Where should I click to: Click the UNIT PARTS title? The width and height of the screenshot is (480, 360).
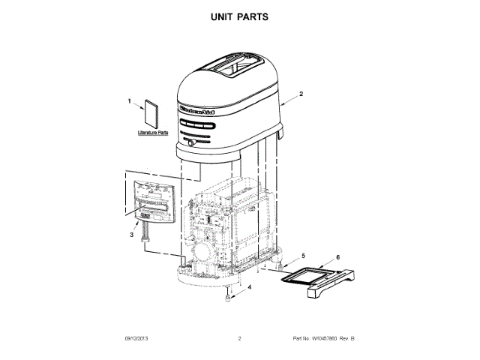pos(240,16)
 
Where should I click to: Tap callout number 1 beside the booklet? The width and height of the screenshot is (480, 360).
pos(128,100)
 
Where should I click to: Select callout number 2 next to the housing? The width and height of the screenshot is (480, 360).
pos(301,94)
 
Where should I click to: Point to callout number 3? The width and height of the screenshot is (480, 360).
pos(133,235)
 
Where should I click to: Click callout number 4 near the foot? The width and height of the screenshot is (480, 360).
pos(250,286)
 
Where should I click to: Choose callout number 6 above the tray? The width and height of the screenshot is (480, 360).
pos(337,257)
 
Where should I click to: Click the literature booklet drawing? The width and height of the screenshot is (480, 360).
pos(151,113)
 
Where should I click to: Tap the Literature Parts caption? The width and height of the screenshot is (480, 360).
pos(153,133)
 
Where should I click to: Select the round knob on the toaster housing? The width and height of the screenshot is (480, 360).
pos(192,142)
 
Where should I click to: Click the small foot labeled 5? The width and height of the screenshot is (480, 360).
pos(280,264)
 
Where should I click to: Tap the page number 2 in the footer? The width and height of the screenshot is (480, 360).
pos(240,339)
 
